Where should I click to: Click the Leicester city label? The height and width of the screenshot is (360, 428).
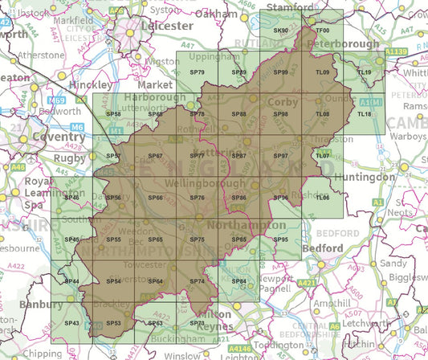tap(167, 26)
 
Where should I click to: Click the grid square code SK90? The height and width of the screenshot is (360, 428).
tap(280, 31)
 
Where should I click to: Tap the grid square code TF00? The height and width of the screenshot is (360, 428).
tap(322, 31)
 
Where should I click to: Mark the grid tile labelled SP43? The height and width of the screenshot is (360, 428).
tap(71, 322)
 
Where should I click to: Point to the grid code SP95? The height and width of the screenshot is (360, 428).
tap(280, 239)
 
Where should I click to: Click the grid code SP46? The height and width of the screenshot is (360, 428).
tap(71, 198)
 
